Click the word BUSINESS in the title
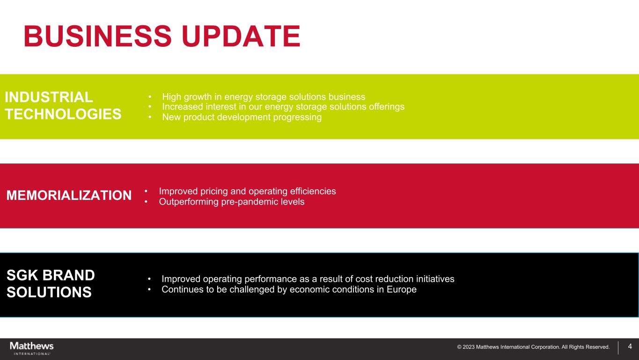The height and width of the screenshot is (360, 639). tap(98, 36)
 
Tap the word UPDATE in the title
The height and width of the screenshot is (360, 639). tap(241, 36)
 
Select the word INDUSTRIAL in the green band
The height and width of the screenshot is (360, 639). tap(49, 97)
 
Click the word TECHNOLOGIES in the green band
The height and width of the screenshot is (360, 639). tap(63, 114)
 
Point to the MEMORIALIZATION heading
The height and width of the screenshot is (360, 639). tap(69, 195)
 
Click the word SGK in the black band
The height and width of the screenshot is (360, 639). tap(22, 275)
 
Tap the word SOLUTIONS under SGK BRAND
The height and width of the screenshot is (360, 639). tap(49, 292)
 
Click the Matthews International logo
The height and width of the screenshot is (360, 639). tap(32, 348)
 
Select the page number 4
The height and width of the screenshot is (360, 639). tap(630, 346)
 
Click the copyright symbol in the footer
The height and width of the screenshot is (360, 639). tap(459, 347)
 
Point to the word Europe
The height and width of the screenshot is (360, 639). tap(402, 289)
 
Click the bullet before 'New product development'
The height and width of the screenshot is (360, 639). tap(150, 117)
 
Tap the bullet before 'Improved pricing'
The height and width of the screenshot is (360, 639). tap(146, 191)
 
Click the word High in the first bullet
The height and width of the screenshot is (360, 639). tap(171, 97)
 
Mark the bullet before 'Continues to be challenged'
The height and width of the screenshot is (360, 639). tap(149, 289)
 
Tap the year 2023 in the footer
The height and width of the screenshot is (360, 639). tap(469, 347)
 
